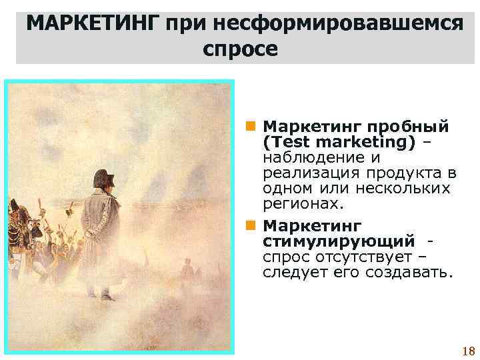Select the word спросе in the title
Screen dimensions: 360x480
tap(239, 50)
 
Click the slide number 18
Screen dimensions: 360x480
tap(467, 351)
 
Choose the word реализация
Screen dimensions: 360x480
tap(303, 173)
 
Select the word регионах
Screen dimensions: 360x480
tap(300, 203)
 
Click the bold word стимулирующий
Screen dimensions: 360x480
tap(339, 239)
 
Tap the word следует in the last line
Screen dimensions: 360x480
tap(291, 272)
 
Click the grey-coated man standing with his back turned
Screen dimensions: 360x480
tap(103, 233)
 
